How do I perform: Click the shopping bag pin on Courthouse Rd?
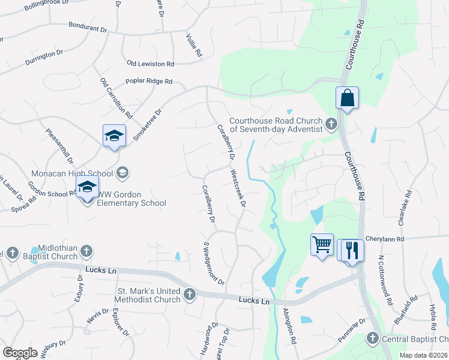tap(348, 98)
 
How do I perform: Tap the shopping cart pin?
tap(322, 245)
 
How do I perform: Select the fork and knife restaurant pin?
tap(352, 249)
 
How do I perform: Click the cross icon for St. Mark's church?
tap(190, 294)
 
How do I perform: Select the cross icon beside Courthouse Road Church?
tap(330, 125)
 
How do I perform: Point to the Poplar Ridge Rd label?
tap(149, 82)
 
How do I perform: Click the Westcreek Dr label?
tap(238, 188)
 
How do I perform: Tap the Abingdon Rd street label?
tap(290, 326)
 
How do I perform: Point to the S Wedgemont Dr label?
tap(214, 263)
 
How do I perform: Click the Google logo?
tap(20, 353)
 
